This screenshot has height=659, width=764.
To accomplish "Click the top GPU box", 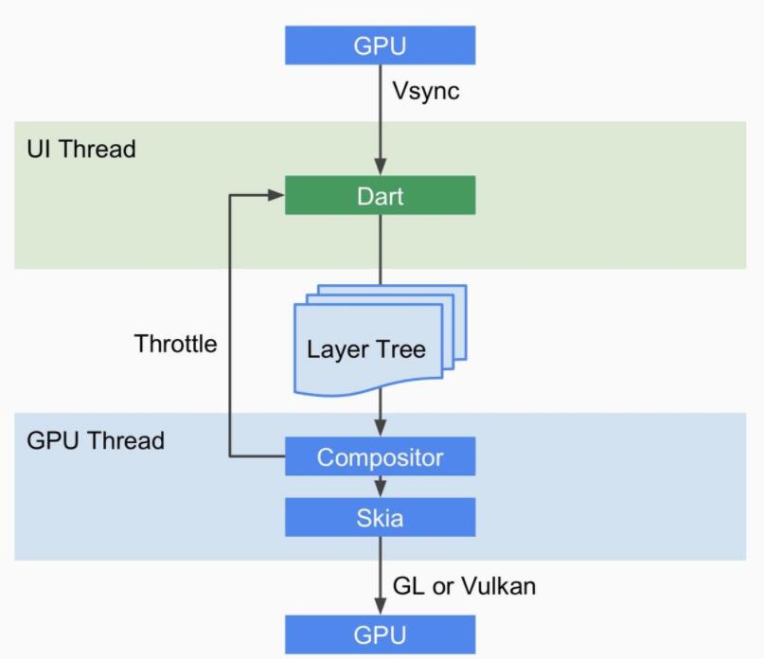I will pos(380,45).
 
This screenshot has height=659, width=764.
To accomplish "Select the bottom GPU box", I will pos(380,634).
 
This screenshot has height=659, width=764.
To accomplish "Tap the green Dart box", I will pos(380,196).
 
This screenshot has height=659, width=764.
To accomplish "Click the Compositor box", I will pos(380,457).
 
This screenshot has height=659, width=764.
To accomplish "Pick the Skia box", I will pos(380,517).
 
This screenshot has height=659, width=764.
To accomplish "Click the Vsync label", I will pos(426,93).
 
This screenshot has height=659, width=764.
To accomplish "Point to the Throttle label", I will pos(175,343).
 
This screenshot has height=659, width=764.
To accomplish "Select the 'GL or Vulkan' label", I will pos(464,586).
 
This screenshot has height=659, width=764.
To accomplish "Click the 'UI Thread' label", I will pos(81,149).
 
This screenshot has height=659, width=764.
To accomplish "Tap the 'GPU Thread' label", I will pos(96,440).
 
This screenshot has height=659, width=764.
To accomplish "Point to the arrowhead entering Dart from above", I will pos(380,169).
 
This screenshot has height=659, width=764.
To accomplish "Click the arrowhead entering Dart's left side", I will pos(277,196).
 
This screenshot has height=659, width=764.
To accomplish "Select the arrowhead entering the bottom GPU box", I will pos(380,608).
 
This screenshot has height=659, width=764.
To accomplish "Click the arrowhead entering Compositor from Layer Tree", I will pos(380,430).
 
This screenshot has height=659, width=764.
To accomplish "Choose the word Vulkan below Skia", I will pos(498,586).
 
